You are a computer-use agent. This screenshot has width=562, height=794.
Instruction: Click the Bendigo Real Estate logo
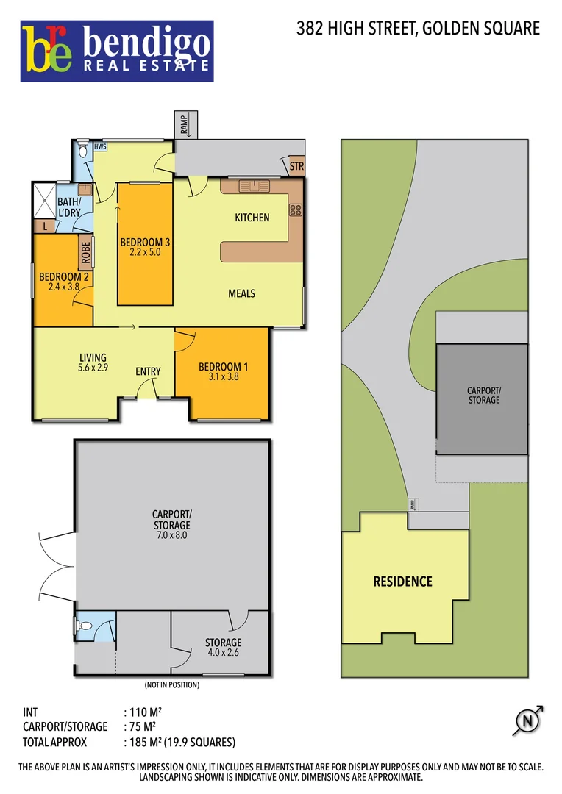[x=117, y=51]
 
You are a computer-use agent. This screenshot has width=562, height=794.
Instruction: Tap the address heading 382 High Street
[x=418, y=29]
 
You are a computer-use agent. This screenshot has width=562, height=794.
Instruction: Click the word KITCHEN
[x=252, y=218]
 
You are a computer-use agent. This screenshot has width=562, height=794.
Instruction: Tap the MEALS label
[x=241, y=293]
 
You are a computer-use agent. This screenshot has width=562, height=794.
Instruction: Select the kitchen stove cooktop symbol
[x=296, y=210]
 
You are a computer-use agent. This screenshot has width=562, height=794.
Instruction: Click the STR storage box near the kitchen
[x=296, y=167]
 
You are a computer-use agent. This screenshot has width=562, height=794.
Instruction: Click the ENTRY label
[x=148, y=371]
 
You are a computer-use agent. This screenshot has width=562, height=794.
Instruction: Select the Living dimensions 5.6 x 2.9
[x=93, y=368]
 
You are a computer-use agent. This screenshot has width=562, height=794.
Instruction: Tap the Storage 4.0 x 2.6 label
[x=222, y=647]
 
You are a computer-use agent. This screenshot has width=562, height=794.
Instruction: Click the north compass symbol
[x=527, y=721]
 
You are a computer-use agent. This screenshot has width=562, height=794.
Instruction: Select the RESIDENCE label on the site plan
[x=402, y=582]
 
